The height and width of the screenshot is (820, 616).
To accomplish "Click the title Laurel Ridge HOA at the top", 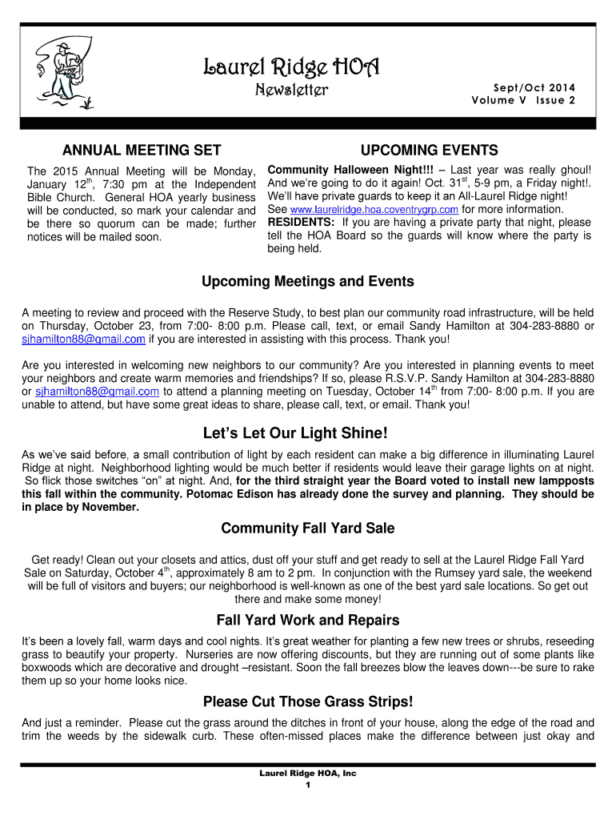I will (x=290, y=66).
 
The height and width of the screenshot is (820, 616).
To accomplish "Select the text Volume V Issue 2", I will (x=523, y=100).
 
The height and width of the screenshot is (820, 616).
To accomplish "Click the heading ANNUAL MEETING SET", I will (x=142, y=151).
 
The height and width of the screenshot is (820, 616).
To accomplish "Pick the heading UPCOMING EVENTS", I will (x=429, y=151).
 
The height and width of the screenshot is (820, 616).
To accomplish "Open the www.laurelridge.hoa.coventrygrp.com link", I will (x=369, y=210).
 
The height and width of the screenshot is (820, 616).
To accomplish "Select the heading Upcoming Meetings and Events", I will (x=307, y=281).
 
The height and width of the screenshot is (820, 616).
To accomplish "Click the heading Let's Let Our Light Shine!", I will (x=307, y=433).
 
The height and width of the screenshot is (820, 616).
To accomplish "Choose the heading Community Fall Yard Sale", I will (x=307, y=529).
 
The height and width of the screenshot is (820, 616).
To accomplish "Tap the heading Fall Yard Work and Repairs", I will (x=307, y=620).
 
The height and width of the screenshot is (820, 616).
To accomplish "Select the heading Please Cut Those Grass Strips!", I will (x=307, y=702).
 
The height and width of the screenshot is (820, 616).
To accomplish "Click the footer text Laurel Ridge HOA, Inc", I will (x=307, y=774).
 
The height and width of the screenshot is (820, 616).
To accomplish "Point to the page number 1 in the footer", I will (x=307, y=785).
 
